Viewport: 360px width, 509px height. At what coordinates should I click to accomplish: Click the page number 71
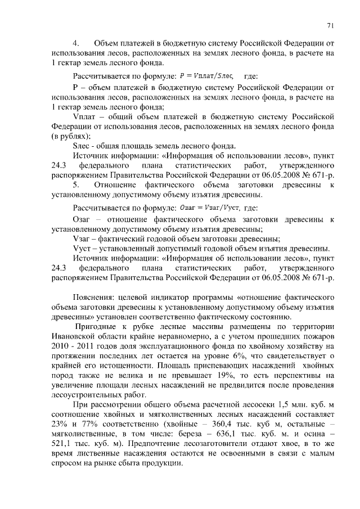[330, 25]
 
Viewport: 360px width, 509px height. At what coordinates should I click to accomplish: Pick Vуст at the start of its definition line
[82, 249]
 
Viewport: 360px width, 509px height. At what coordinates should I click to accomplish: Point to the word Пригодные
[96, 327]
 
